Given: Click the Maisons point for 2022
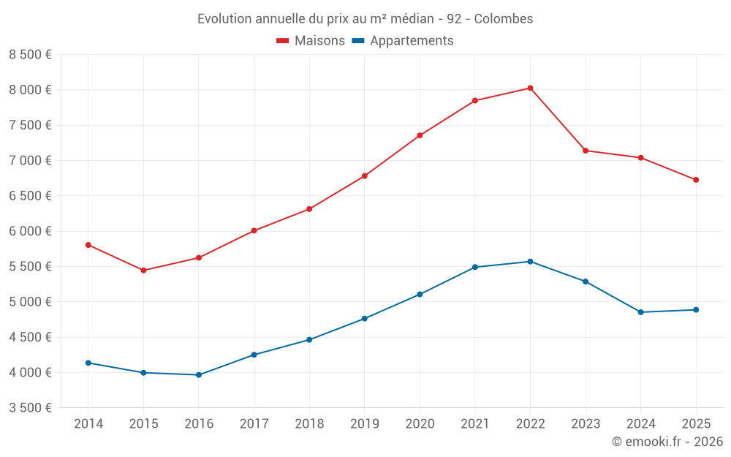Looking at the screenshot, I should [530, 88].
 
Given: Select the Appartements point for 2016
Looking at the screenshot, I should [198, 375].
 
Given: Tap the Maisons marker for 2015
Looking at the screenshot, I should [143, 271].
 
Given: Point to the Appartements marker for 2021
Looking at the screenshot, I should [474, 267].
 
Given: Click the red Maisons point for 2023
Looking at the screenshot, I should [586, 151].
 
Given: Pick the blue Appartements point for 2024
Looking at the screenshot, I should [640, 312].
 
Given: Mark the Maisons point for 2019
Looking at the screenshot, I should [364, 176].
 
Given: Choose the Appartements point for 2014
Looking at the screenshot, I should [88, 363].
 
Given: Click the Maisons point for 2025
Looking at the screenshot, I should [696, 180].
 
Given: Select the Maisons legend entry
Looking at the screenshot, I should [311, 41].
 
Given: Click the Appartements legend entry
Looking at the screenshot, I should [403, 41].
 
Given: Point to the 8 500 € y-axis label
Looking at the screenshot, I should [30, 55].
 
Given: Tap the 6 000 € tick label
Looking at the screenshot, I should [30, 231].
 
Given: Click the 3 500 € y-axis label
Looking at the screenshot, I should [30, 408].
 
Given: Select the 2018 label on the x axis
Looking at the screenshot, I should [309, 423].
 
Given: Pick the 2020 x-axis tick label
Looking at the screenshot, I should [420, 423].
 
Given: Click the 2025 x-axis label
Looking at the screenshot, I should [696, 423].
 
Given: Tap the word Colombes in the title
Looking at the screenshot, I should [504, 19].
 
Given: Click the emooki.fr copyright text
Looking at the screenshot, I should [667, 442].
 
